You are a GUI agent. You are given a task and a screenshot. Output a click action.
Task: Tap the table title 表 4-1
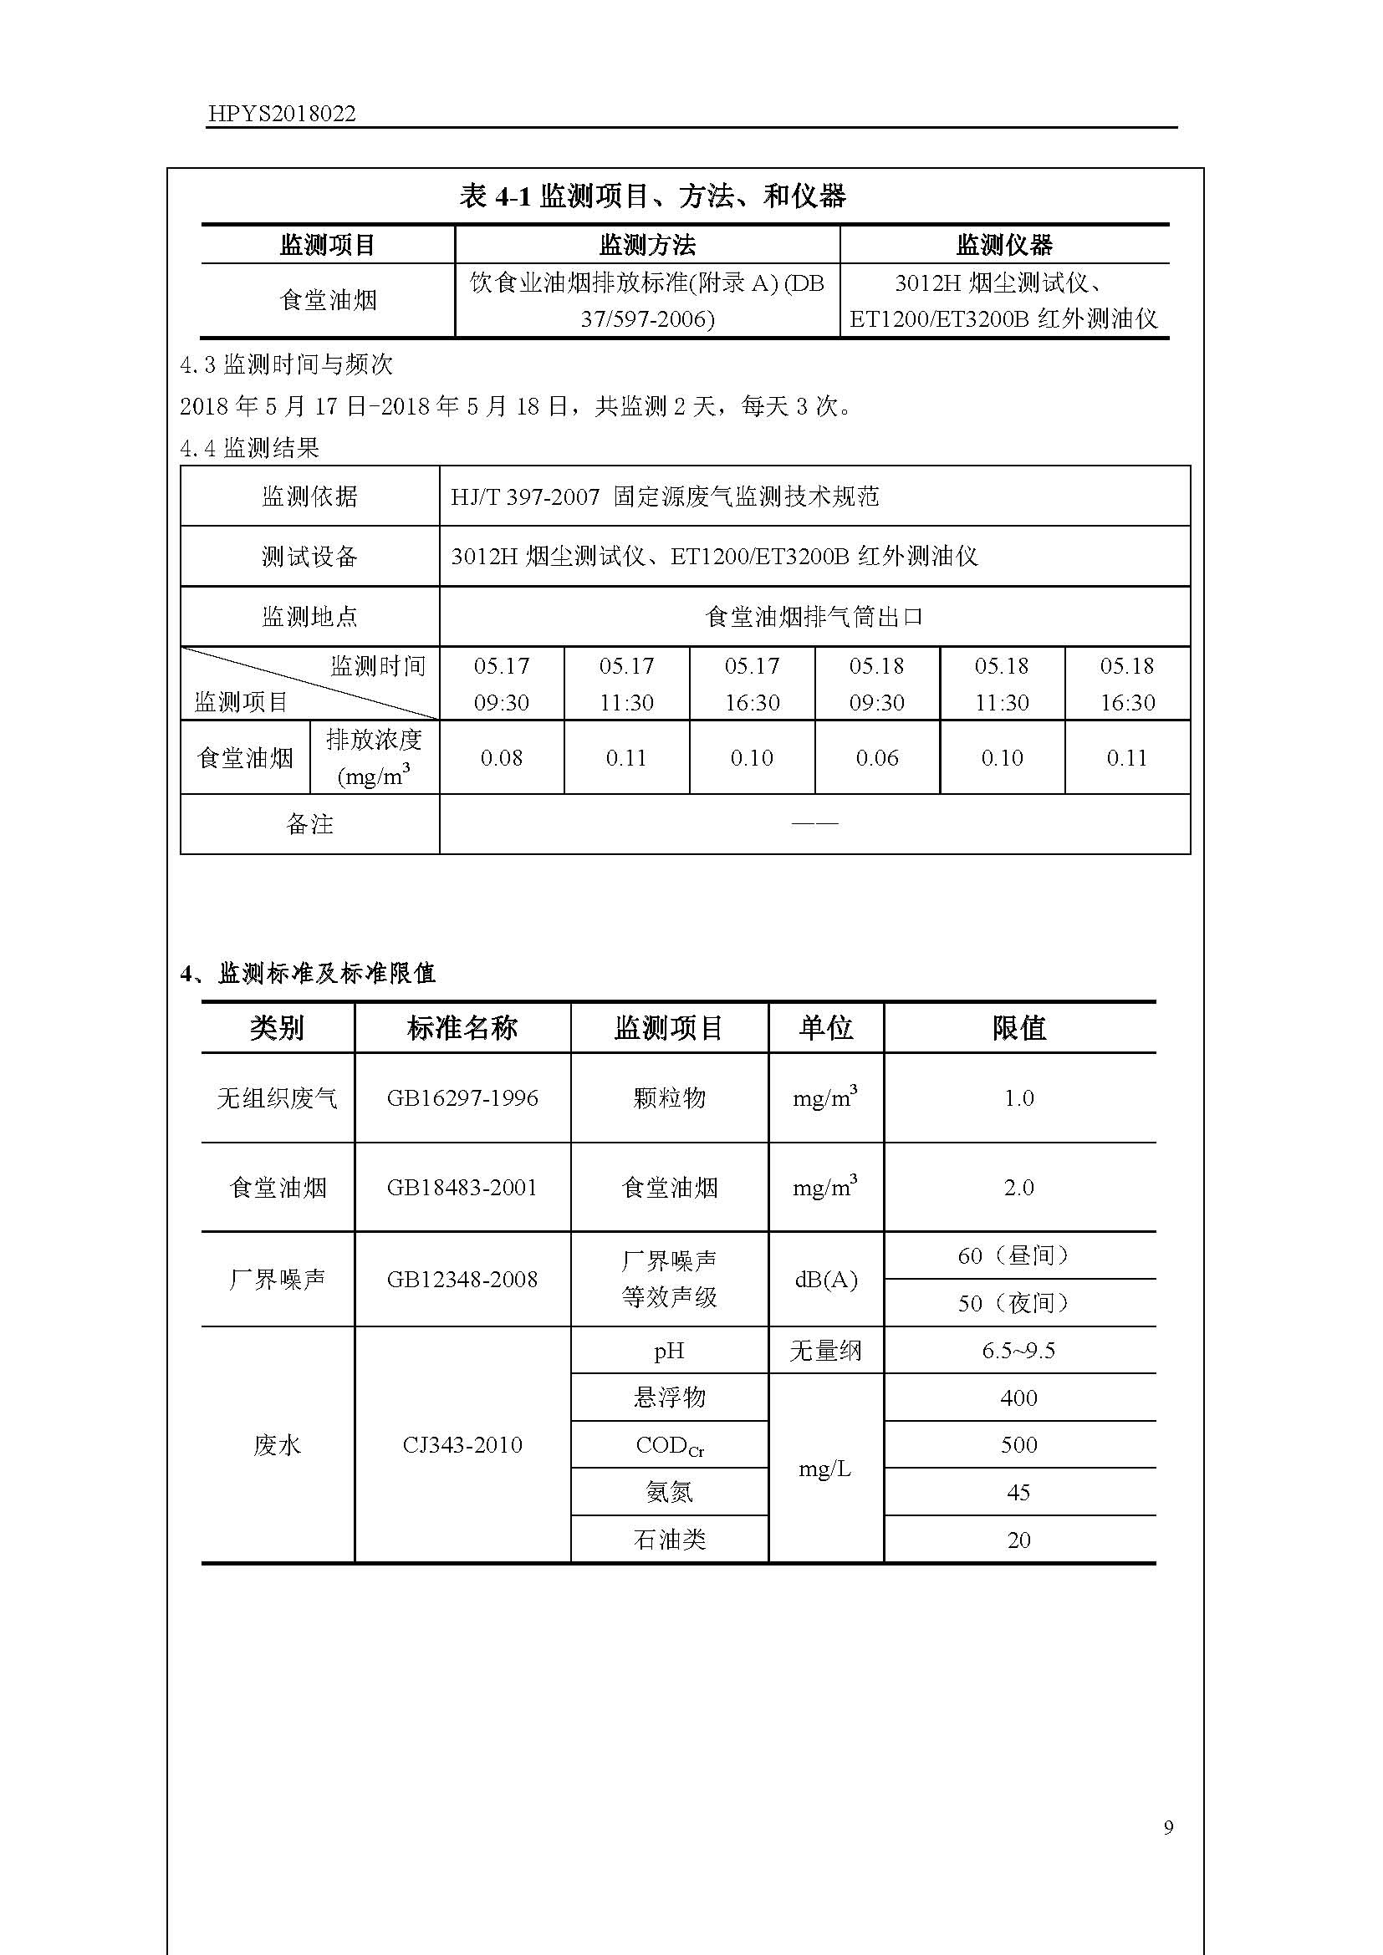click(x=652, y=196)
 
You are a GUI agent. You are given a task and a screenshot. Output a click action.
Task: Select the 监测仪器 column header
click(x=1004, y=245)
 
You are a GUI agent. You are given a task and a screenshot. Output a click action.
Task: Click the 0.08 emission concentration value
click(x=502, y=758)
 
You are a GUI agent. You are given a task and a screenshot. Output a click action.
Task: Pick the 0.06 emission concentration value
click(x=877, y=758)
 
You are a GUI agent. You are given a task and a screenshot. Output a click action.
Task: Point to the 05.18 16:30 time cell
click(x=1127, y=684)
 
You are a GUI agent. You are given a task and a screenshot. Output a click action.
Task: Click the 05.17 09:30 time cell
click(x=502, y=684)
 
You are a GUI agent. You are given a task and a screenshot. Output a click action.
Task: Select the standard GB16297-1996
click(x=462, y=1098)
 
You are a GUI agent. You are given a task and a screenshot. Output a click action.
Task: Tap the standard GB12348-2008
click(x=462, y=1279)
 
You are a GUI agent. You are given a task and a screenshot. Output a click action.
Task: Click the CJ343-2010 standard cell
click(x=462, y=1445)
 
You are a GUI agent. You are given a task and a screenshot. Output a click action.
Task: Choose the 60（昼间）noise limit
click(x=1018, y=1255)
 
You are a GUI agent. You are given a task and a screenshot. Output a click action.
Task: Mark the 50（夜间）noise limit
click(x=1018, y=1303)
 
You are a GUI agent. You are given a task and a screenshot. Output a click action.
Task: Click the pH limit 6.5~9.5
click(x=1018, y=1351)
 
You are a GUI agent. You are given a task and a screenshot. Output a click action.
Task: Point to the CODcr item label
click(x=670, y=1445)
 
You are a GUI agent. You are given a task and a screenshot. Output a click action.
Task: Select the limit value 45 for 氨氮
click(x=1018, y=1492)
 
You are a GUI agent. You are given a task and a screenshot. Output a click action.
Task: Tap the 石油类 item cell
click(x=670, y=1540)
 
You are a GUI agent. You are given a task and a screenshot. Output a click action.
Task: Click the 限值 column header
click(x=1018, y=1028)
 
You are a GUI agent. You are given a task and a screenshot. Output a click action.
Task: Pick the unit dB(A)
click(x=825, y=1279)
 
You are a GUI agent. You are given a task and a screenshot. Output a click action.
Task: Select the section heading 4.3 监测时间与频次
click(x=286, y=365)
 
